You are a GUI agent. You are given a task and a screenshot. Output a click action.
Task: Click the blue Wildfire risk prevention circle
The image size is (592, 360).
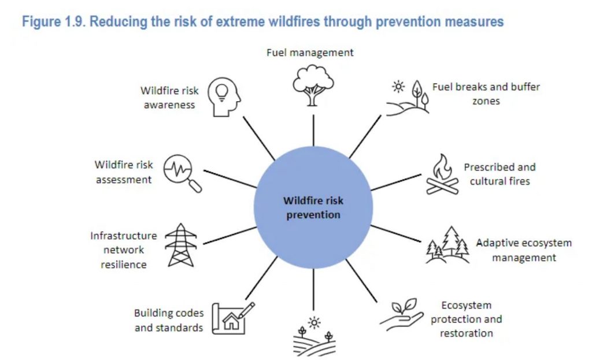pos(313,207)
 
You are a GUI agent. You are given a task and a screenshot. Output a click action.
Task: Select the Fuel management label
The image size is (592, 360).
pos(310,53)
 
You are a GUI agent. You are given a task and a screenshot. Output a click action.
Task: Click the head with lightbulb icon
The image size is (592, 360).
pos(224,97)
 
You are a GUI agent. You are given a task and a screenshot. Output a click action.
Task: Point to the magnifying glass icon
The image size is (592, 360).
pos(183,173)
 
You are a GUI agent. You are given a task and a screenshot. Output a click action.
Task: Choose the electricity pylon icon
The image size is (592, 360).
pos(181,245)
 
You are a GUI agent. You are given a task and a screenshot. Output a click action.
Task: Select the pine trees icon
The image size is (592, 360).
pos(448,244)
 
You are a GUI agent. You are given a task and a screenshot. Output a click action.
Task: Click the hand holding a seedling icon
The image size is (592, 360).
pos(402,315)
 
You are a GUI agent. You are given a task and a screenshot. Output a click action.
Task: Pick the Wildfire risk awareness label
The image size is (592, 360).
pos(169,98)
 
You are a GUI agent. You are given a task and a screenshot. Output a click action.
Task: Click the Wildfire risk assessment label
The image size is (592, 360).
pos(124,172)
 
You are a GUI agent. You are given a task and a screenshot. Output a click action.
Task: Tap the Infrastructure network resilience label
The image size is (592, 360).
pos(124,250)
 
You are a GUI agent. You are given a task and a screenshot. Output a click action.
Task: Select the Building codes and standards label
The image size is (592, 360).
pos(169,320)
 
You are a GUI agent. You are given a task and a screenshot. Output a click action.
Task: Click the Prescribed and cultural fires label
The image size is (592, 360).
pos(500,174)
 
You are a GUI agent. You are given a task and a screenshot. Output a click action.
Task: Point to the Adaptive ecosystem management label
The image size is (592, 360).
pos(524,250)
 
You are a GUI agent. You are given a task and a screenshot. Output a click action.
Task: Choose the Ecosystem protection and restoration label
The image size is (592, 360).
pos(467,319)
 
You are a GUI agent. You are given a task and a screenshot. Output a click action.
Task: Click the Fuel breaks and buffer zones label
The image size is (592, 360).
pos(486,94)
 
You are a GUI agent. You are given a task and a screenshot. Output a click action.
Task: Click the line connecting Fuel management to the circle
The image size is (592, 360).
pos(313,131)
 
